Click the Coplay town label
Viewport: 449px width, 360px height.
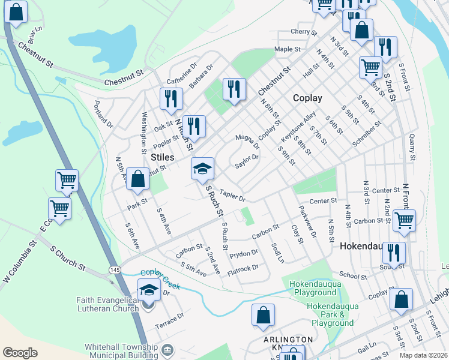(x=307, y=98)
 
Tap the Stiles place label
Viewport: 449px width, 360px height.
(x=162, y=157)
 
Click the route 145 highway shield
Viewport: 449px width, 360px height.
(x=112, y=271)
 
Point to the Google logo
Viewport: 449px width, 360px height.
(x=20, y=352)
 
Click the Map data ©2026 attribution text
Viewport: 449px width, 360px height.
(x=423, y=355)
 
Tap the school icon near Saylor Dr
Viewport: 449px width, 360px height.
(x=203, y=169)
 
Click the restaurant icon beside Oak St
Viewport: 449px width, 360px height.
(x=172, y=98)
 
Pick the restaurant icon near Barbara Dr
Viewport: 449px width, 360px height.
(x=234, y=89)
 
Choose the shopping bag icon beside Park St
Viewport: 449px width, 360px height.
(x=138, y=179)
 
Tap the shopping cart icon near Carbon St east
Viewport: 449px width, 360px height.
(x=404, y=220)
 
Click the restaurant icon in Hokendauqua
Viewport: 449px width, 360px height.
(x=393, y=252)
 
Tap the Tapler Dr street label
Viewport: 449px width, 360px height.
(x=233, y=196)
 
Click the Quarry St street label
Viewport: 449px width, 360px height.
(x=412, y=148)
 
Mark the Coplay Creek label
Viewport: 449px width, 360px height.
(x=160, y=277)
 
